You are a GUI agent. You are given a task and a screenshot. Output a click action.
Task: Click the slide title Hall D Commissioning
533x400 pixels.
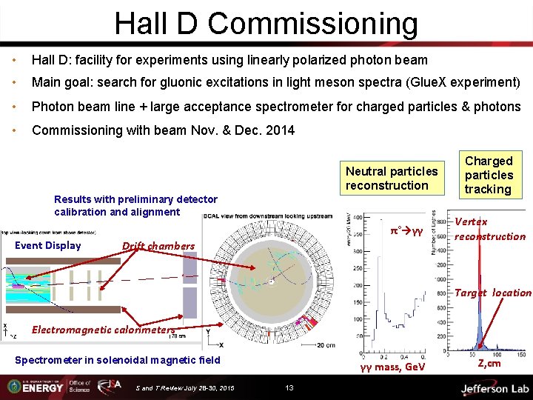266,24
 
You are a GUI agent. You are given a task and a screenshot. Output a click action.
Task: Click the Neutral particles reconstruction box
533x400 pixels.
392,179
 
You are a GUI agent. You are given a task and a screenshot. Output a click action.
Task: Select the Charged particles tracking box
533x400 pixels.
489,175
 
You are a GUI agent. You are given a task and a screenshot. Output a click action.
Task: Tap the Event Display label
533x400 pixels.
48,245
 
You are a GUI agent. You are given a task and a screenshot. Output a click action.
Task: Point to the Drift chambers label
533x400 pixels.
158,246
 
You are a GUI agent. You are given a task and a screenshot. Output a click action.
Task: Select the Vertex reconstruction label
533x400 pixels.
489,229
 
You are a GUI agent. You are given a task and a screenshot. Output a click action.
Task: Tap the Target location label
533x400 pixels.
492,293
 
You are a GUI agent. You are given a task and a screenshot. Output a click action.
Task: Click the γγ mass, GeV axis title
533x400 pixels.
392,367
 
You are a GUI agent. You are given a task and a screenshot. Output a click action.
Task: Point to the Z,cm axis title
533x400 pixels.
489,363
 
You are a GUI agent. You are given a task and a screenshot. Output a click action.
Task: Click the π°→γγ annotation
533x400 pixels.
406,231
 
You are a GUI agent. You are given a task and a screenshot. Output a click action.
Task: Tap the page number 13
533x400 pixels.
289,387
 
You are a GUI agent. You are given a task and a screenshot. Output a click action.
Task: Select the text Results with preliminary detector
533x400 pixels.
136,199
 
